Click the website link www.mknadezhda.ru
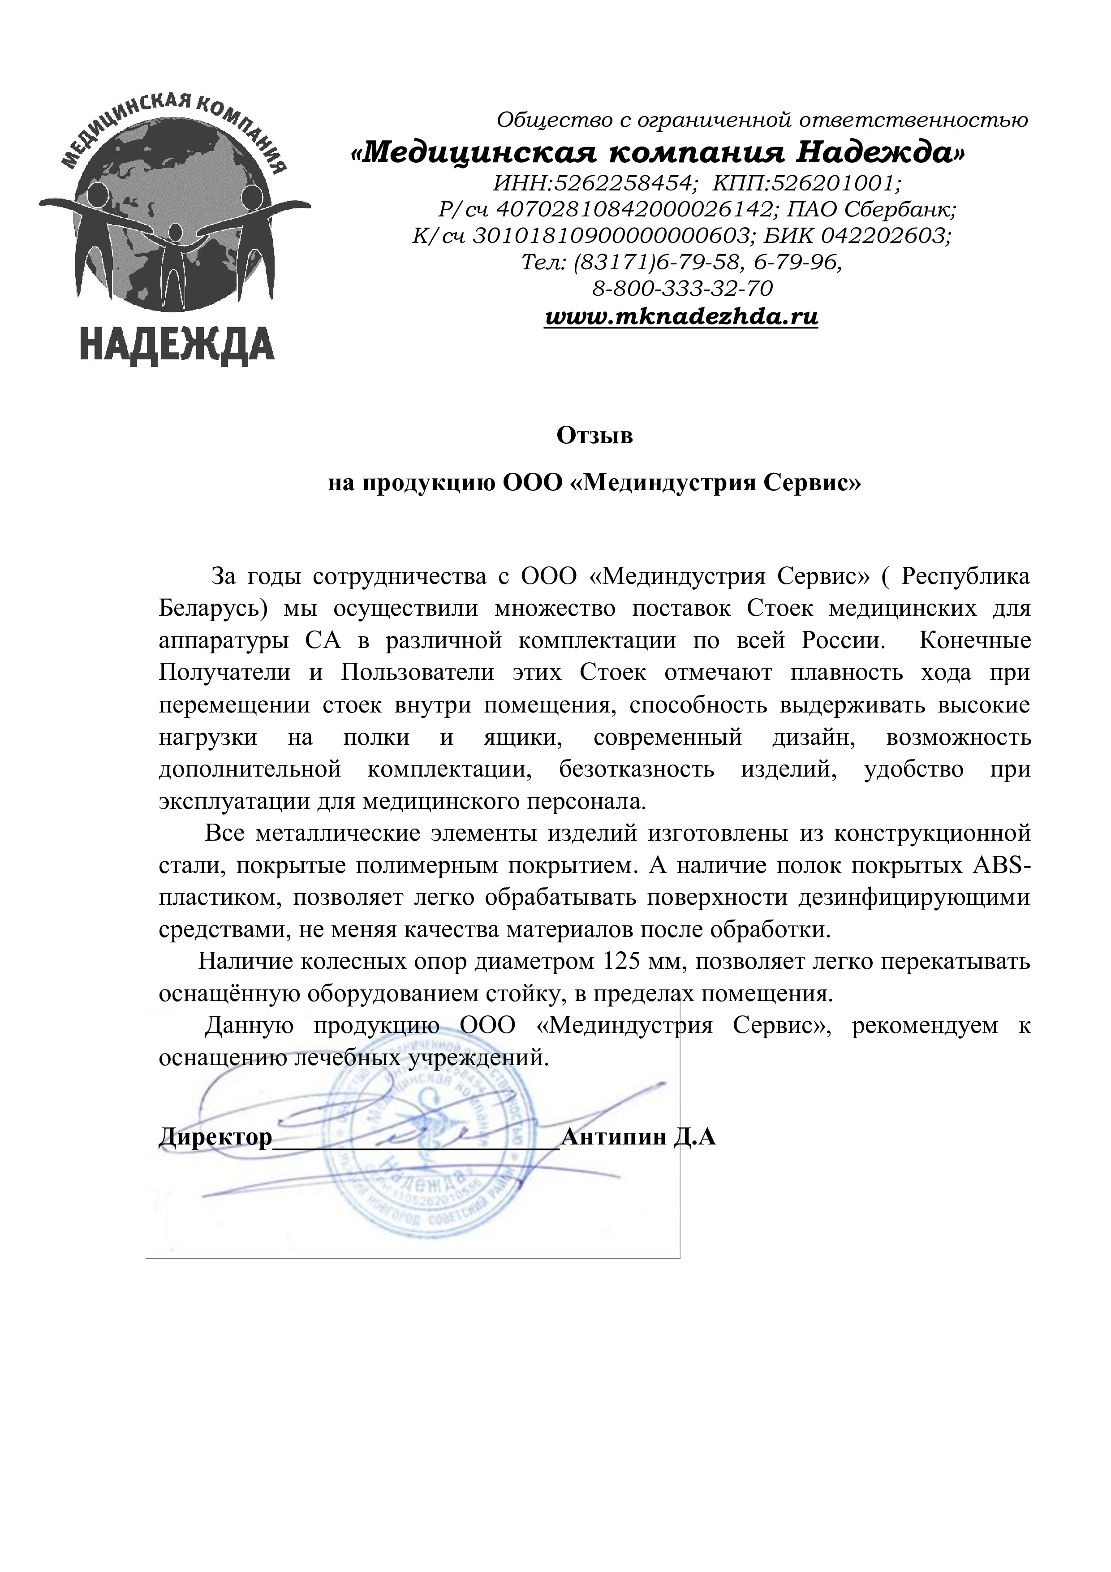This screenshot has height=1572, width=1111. (x=680, y=317)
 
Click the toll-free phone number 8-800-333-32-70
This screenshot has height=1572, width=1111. (x=682, y=288)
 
